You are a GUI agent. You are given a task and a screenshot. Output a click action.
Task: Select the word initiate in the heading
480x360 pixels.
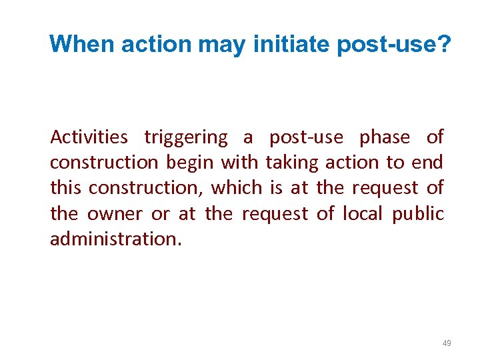pyautogui.click(x=293, y=44)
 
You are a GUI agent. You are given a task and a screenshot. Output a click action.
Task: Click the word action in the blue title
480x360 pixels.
pyautogui.click(x=155, y=44)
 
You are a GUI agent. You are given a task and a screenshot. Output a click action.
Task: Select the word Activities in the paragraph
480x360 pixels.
pyautogui.click(x=89, y=137)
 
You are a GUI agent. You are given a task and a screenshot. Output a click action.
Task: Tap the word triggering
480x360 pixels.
pyautogui.click(x=185, y=138)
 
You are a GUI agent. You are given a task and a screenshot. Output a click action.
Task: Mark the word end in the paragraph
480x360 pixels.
pyautogui.click(x=428, y=163)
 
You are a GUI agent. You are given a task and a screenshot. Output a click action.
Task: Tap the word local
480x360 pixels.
pyautogui.click(x=361, y=214)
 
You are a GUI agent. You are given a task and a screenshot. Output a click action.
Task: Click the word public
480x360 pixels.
pyautogui.click(x=419, y=214)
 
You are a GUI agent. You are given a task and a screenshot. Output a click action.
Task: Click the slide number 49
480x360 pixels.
pyautogui.click(x=447, y=343)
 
